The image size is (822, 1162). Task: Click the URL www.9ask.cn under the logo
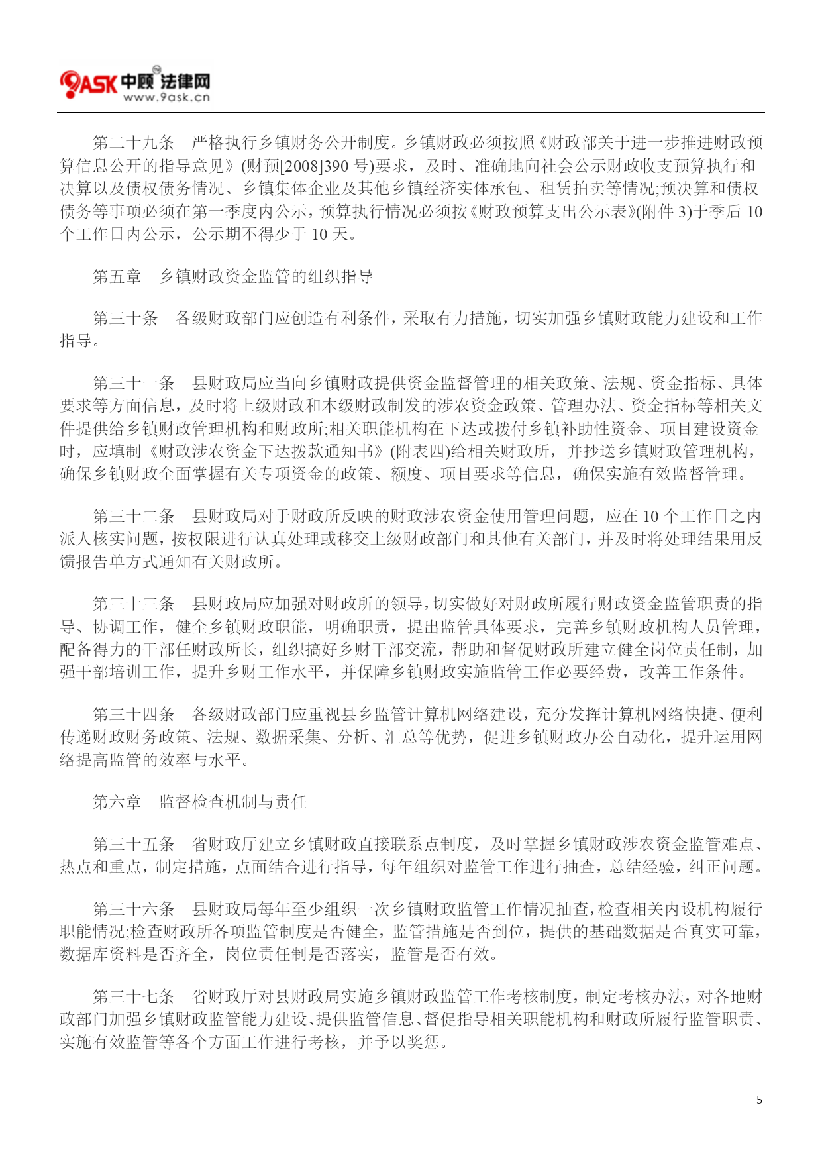166,97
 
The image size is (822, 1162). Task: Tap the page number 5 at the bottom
759,1100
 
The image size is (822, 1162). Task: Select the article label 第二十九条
134,143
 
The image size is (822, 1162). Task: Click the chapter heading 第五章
117,277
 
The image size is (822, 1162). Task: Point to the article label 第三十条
126,319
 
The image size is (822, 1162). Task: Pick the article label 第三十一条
134,384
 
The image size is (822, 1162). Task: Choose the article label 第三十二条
134,517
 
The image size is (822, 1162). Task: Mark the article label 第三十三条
134,604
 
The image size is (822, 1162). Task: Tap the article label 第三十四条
134,715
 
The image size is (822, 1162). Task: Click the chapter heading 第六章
117,802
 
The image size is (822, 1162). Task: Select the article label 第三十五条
134,845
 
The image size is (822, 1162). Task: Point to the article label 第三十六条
134,910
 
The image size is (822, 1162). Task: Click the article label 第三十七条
134,997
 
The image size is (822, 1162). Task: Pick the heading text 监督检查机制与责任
233,802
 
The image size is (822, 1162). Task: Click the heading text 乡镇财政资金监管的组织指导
266,277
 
